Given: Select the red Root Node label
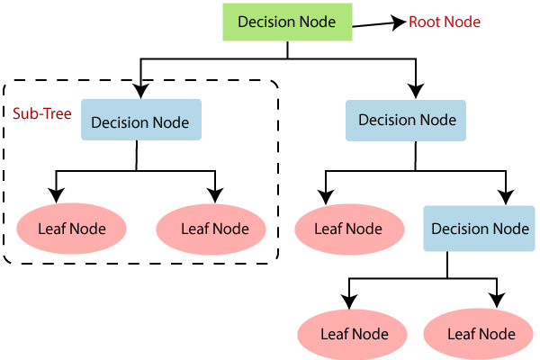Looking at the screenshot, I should coord(445,22).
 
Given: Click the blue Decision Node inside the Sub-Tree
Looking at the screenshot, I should coord(140,122).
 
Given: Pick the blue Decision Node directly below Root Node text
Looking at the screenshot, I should coord(407,120).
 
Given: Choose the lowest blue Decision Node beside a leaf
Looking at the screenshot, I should coord(480,228).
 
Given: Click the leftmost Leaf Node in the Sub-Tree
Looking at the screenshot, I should coord(71,228).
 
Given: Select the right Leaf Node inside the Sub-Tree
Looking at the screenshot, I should coord(214,228).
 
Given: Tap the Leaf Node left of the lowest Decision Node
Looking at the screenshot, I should coord(347,228).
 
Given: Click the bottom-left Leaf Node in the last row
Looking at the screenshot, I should coord(355,333).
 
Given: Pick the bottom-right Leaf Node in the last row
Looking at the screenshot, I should coord(481,333).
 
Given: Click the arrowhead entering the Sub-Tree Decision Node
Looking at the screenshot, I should coord(140,90).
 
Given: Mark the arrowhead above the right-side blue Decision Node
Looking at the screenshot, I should coord(415,90).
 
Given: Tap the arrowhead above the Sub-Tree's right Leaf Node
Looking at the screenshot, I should coord(214,194).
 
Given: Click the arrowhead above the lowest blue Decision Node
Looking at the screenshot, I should coord(506,194).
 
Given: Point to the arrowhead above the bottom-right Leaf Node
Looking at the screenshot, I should coord(494,300).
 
